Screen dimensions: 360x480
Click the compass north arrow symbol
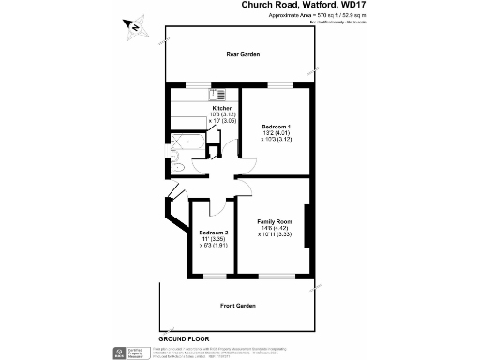click(x=134, y=28)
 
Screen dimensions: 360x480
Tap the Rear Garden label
click(x=242, y=55)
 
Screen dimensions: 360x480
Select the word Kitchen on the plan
click(x=222, y=108)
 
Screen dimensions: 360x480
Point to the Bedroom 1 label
click(x=277, y=127)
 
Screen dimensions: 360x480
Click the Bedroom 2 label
click(x=213, y=232)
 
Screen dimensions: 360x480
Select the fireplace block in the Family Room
click(x=307, y=229)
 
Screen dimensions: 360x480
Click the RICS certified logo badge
click(x=119, y=352)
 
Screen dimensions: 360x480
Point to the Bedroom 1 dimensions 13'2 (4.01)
click(x=277, y=133)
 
